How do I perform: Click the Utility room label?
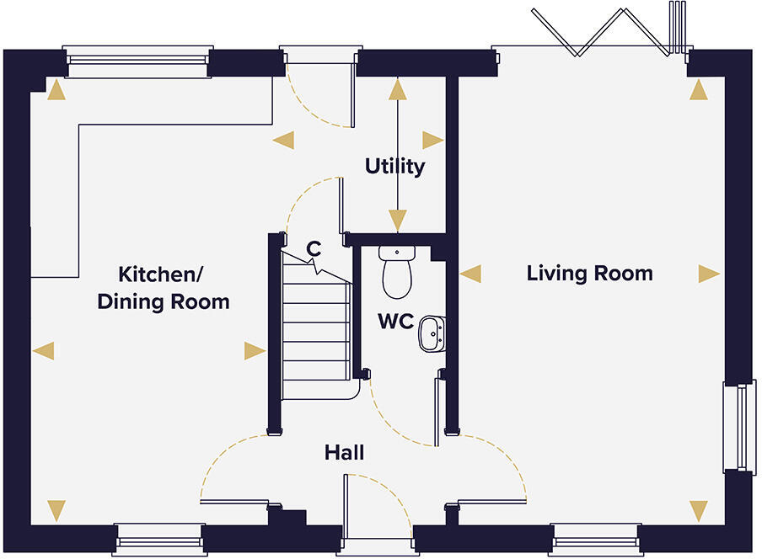click(x=394, y=167)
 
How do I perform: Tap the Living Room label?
click(x=589, y=274)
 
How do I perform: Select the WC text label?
click(x=394, y=322)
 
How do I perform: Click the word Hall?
click(x=344, y=453)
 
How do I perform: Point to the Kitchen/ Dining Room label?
click(x=163, y=288)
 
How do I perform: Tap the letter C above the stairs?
click(x=313, y=248)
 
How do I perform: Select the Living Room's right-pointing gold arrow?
click(x=709, y=274)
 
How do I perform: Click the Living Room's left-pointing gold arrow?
click(x=470, y=274)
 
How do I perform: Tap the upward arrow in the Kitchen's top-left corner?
click(x=56, y=90)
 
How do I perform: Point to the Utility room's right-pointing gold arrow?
click(x=433, y=140)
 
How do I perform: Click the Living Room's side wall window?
click(x=740, y=428)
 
